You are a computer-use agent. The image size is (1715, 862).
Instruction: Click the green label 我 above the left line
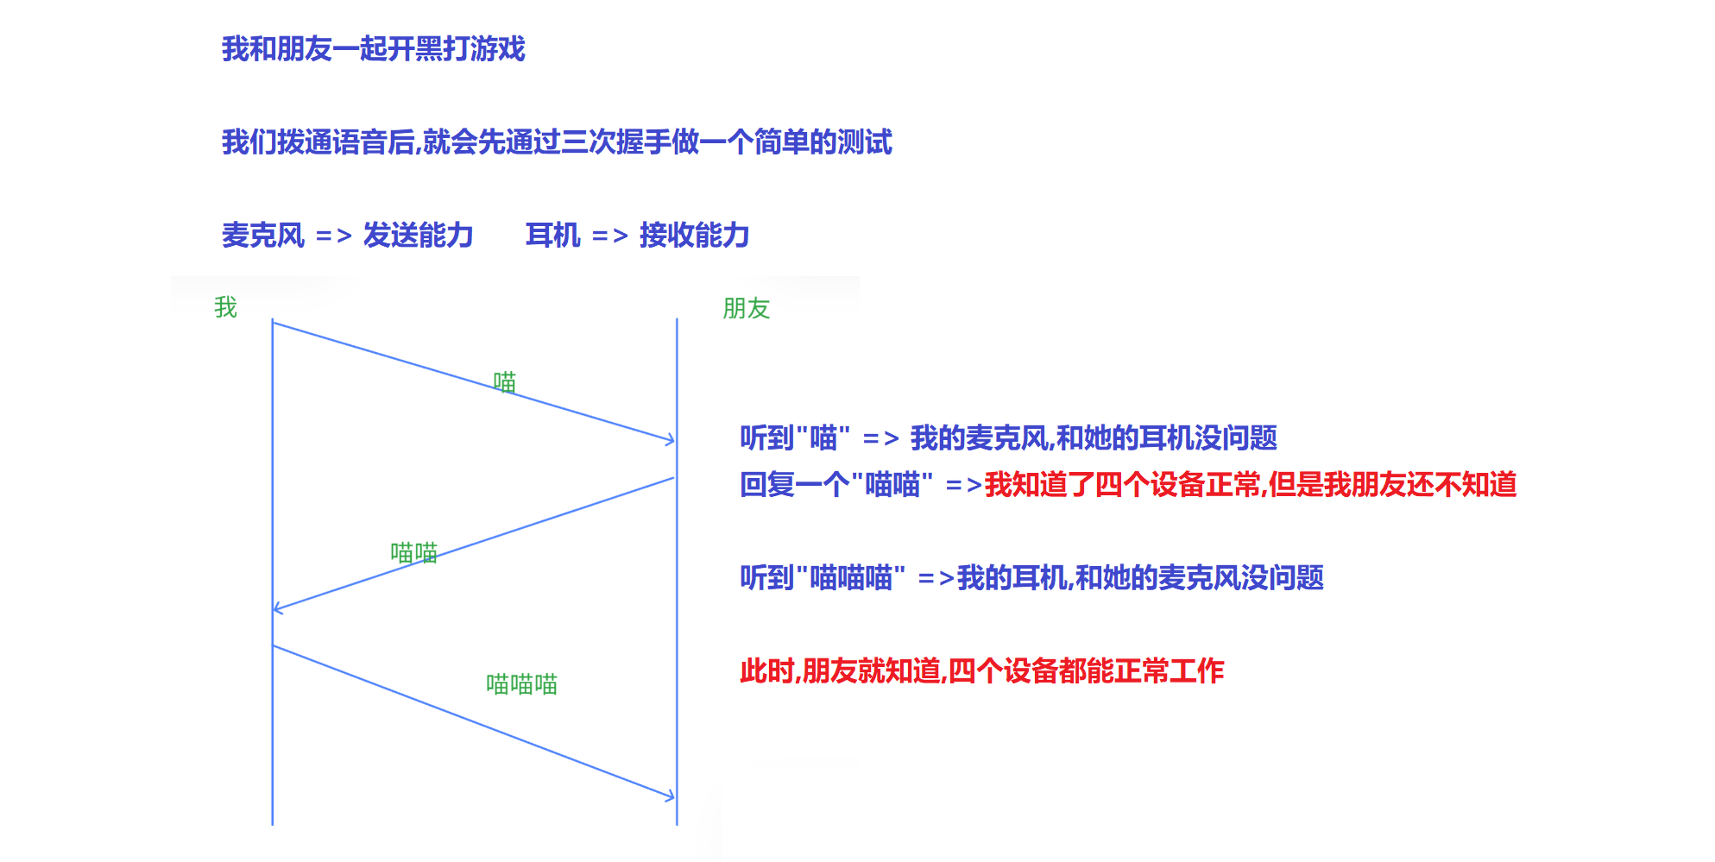pyautogui.click(x=225, y=307)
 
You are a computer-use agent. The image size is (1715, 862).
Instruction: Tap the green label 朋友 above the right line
pyautogui.click(x=746, y=308)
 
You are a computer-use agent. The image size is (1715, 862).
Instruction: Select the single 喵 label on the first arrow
pyautogui.click(x=504, y=382)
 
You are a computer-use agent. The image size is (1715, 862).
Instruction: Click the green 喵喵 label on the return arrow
pyautogui.click(x=414, y=552)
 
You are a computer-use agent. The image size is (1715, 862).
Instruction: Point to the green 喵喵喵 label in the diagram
pyautogui.click(x=521, y=684)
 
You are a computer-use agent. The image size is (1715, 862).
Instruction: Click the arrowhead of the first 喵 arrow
pyautogui.click(x=671, y=441)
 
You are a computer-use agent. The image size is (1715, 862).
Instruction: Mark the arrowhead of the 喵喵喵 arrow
pyautogui.click(x=671, y=796)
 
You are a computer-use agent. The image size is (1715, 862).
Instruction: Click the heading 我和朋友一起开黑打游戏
pyautogui.click(x=373, y=49)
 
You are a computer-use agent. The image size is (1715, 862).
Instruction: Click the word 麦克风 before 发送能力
pyautogui.click(x=263, y=236)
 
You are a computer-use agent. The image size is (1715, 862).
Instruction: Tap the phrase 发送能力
pyautogui.click(x=418, y=236)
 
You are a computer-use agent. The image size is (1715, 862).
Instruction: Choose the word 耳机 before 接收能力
pyautogui.click(x=552, y=236)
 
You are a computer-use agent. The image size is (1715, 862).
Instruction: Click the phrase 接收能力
pyautogui.click(x=694, y=236)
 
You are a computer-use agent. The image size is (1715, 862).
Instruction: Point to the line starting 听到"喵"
pyautogui.click(x=1008, y=438)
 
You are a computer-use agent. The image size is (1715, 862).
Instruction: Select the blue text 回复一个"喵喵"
pyautogui.click(x=835, y=485)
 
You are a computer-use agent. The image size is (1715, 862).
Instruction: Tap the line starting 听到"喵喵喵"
pyautogui.click(x=1031, y=578)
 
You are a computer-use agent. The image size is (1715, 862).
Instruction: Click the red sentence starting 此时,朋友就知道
pyautogui.click(x=981, y=671)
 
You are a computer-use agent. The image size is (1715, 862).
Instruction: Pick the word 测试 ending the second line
pyautogui.click(x=865, y=142)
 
